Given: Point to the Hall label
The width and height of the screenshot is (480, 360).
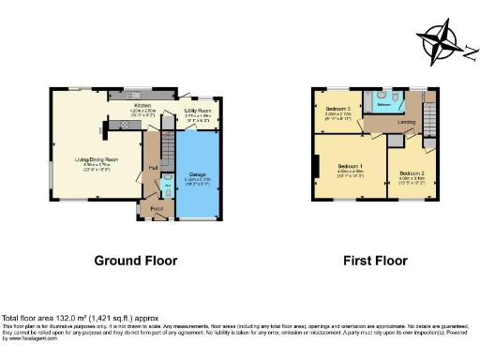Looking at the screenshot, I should coord(152,168).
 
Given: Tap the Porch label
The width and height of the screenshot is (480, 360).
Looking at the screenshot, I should coord(157,207).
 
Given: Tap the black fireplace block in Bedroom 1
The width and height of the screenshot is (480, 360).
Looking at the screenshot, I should coord(314,170).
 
